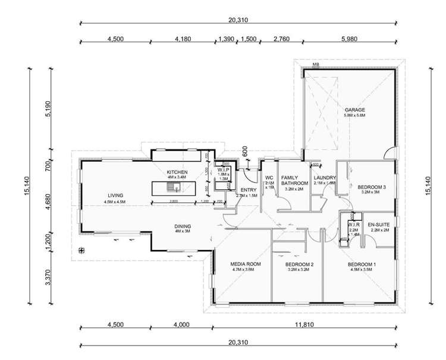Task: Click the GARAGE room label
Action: pos(354,110)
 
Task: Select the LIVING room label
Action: pos(115,195)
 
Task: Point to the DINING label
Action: pos(183,226)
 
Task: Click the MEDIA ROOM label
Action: pos(246,264)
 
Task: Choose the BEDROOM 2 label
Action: pos(299,264)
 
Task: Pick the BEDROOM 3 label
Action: pos(370,187)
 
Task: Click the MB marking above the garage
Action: pos(316,64)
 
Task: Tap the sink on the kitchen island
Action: pos(172,188)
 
